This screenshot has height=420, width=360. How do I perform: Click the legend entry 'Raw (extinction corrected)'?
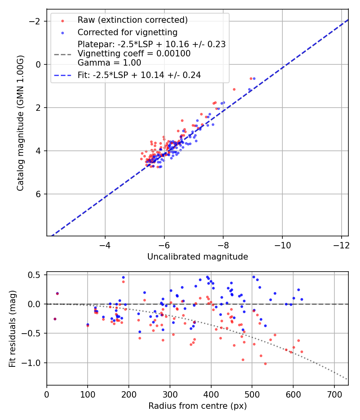[132, 20]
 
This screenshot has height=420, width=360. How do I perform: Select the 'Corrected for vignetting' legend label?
[127, 32]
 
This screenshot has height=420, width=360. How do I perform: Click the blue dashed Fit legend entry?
[139, 75]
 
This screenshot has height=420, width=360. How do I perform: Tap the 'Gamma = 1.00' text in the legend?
[109, 62]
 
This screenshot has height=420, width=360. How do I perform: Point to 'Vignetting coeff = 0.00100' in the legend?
[134, 54]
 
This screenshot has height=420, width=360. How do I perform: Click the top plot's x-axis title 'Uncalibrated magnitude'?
[197, 257]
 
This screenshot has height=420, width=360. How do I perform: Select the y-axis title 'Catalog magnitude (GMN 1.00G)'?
[20, 123]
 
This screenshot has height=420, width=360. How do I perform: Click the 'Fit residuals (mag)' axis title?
[12, 328]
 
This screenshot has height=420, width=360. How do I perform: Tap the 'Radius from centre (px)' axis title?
[197, 406]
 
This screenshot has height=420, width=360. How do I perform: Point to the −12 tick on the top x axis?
[341, 244]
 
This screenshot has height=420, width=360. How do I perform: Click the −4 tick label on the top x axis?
[105, 244]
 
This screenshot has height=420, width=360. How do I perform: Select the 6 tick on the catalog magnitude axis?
[39, 194]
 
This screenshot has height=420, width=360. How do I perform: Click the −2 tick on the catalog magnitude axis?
[36, 21]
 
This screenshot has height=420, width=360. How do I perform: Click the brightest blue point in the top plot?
[254, 78]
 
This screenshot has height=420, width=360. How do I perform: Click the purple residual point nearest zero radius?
[55, 319]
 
